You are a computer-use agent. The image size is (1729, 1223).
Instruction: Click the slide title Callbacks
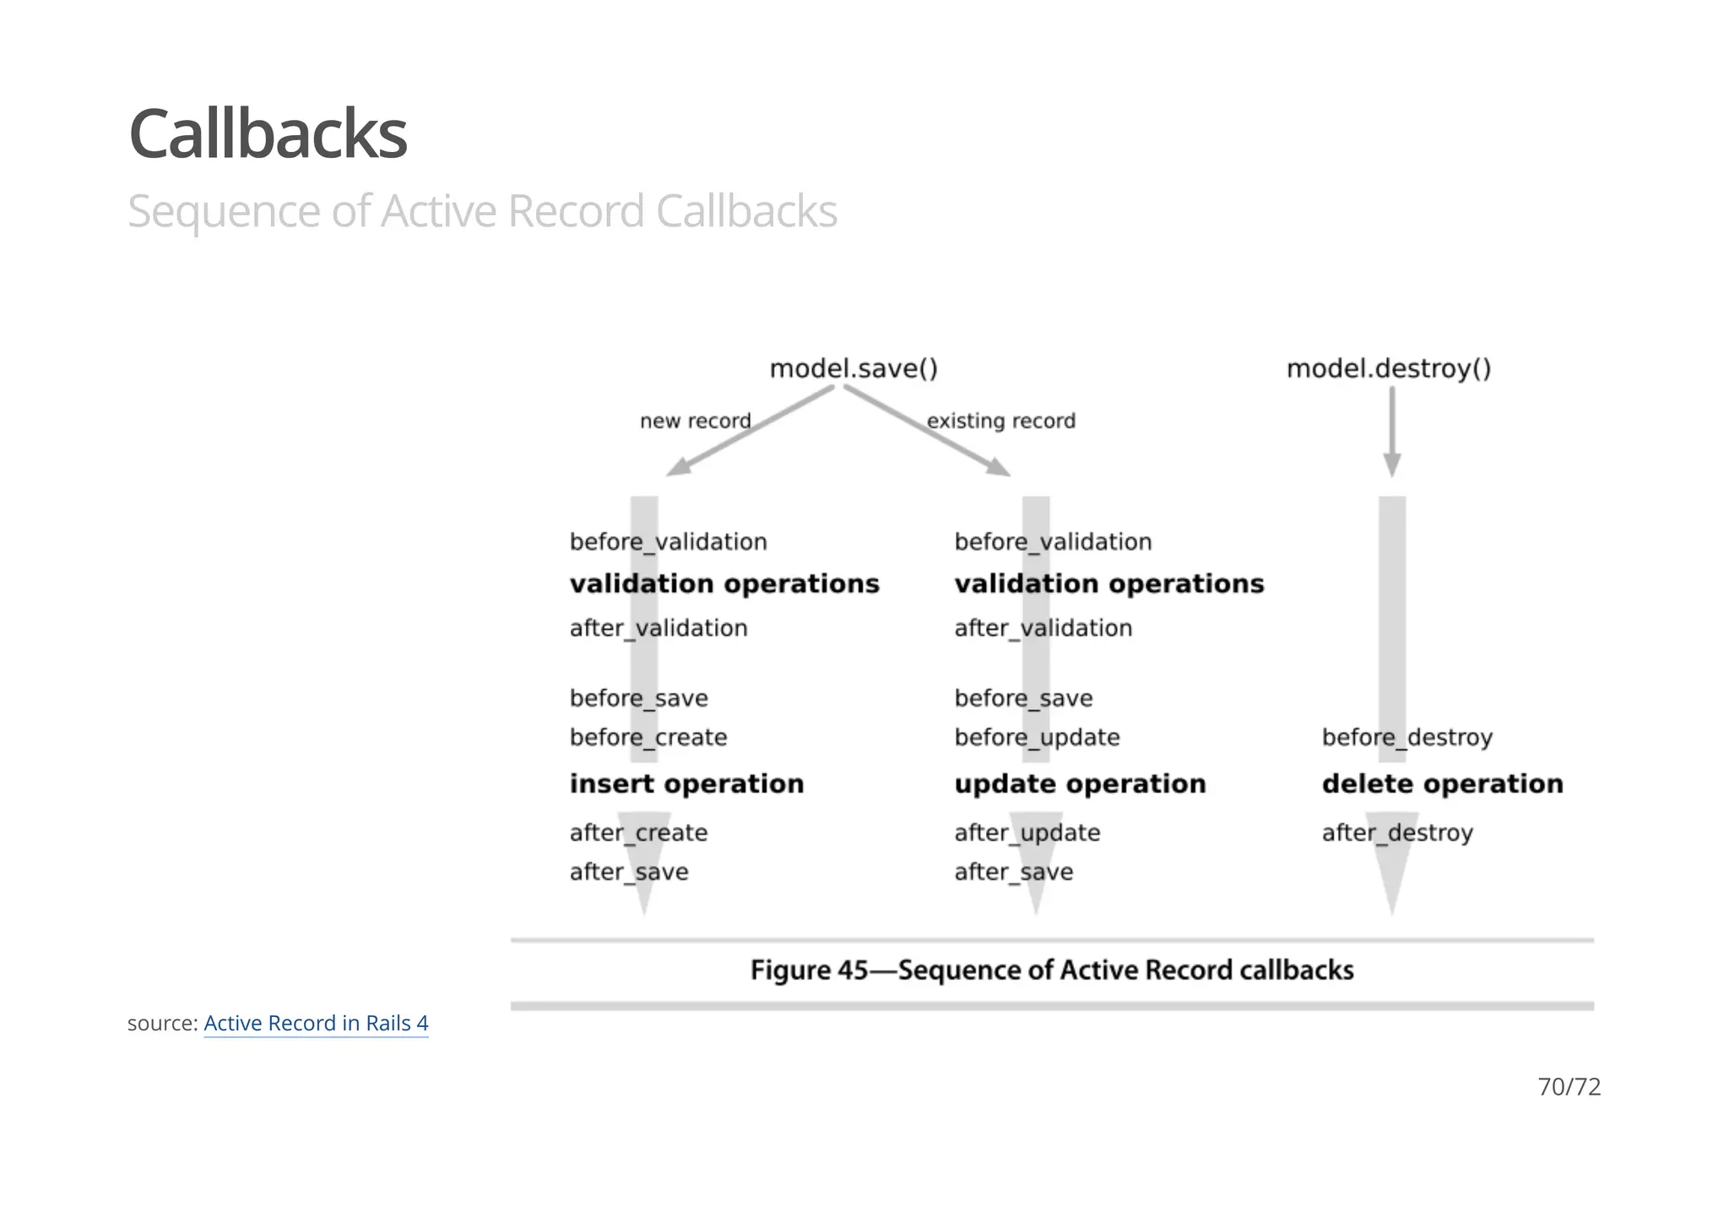tap(268, 135)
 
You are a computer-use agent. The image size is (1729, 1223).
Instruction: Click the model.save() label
tap(854, 369)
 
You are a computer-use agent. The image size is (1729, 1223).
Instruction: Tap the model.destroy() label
tap(1388, 369)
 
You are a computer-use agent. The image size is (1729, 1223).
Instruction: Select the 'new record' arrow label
tap(695, 421)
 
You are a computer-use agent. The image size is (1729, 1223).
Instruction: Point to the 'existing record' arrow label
tap(1000, 421)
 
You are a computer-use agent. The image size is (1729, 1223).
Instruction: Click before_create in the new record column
tap(648, 737)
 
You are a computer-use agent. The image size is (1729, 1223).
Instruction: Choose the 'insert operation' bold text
tap(686, 784)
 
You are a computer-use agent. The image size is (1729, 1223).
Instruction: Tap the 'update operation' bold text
tap(1080, 784)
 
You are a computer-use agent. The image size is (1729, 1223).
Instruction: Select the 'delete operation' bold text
tap(1442, 784)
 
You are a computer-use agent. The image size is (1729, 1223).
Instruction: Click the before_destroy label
tap(1407, 737)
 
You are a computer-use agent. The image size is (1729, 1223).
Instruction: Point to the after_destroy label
tap(1397, 833)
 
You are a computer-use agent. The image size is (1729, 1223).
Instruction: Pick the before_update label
tap(1037, 737)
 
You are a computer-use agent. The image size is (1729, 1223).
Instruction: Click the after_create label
tap(638, 833)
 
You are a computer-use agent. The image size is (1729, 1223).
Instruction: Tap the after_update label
tap(1027, 833)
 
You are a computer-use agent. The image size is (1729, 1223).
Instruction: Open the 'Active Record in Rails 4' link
tap(316, 1023)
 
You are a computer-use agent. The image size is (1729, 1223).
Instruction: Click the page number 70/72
tap(1569, 1086)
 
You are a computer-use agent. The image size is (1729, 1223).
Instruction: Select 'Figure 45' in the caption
tap(808, 970)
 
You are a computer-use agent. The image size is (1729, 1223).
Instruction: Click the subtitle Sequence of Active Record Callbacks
tap(482, 211)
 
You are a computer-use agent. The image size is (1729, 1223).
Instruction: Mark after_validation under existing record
tap(1043, 628)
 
